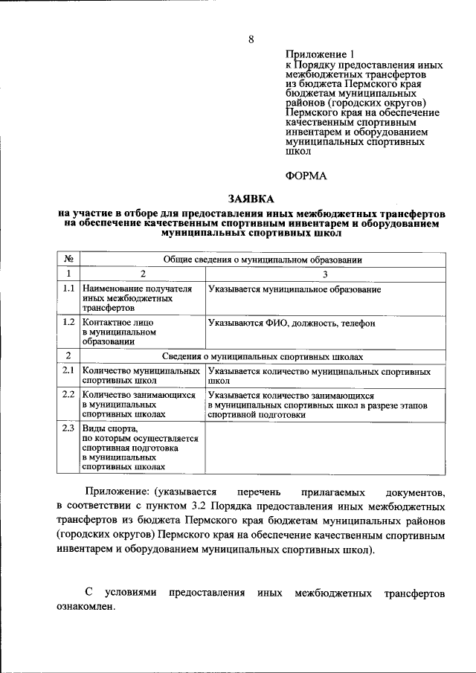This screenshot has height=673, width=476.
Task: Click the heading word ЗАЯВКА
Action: tap(251, 199)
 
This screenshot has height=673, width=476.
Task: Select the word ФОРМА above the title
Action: tap(306, 175)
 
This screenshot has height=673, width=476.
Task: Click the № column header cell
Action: tap(68, 260)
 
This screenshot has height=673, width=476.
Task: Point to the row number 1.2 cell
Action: tap(68, 322)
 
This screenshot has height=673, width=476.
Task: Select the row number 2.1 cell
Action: tap(68, 370)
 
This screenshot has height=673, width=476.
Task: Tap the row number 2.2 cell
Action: tap(68, 395)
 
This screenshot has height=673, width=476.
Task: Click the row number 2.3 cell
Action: tap(68, 428)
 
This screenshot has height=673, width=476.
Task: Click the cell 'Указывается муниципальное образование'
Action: tap(295, 289)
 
